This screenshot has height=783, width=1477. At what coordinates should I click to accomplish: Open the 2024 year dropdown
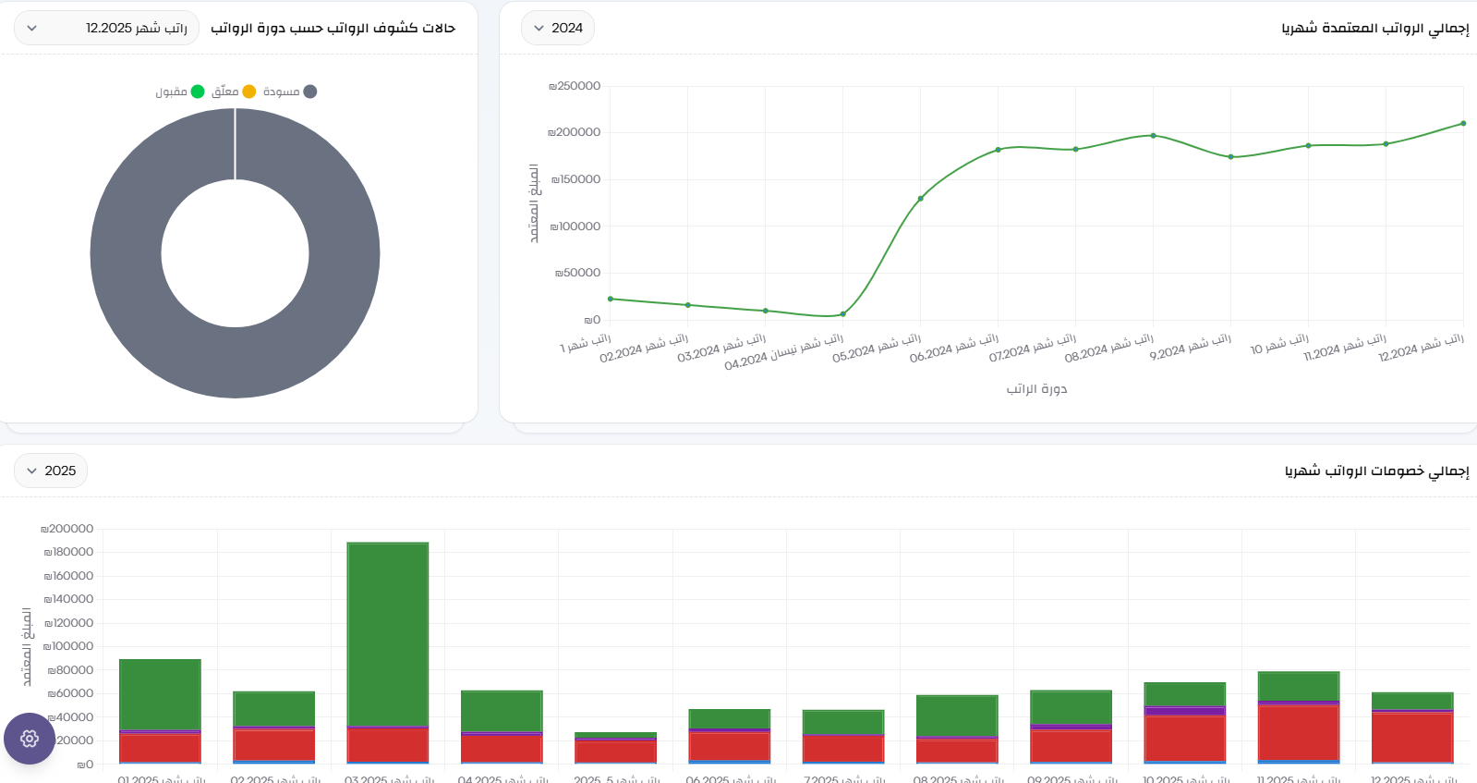557,28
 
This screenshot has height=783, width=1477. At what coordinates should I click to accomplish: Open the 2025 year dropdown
51,471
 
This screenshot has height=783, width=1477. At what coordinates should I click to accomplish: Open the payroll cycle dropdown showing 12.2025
106,28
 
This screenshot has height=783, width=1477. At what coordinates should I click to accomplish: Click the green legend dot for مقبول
198,92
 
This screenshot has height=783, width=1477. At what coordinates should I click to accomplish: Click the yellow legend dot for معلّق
249,92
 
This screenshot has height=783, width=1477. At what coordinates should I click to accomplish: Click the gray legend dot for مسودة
310,92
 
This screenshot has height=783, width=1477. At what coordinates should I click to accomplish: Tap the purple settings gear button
30,739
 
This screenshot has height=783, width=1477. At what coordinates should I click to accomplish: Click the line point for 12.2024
1463,123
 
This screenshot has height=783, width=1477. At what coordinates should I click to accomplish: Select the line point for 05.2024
920,199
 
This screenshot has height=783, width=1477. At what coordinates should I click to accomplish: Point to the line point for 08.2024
1153,136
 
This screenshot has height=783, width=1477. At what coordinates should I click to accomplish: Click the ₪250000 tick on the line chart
575,86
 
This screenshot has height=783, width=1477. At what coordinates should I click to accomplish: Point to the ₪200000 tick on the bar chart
67,529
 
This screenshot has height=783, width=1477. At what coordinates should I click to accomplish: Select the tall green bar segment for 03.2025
388,633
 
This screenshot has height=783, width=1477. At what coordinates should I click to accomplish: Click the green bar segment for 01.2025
160,693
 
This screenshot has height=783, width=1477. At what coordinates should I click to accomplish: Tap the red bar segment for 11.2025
1299,732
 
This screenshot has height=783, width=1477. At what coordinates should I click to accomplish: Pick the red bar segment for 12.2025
1412,737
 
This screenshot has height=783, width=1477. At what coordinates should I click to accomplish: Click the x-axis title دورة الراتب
1036,389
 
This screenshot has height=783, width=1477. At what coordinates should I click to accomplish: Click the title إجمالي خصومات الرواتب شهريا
1376,471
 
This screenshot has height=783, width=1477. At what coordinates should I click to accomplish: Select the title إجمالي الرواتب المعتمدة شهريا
1374,28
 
